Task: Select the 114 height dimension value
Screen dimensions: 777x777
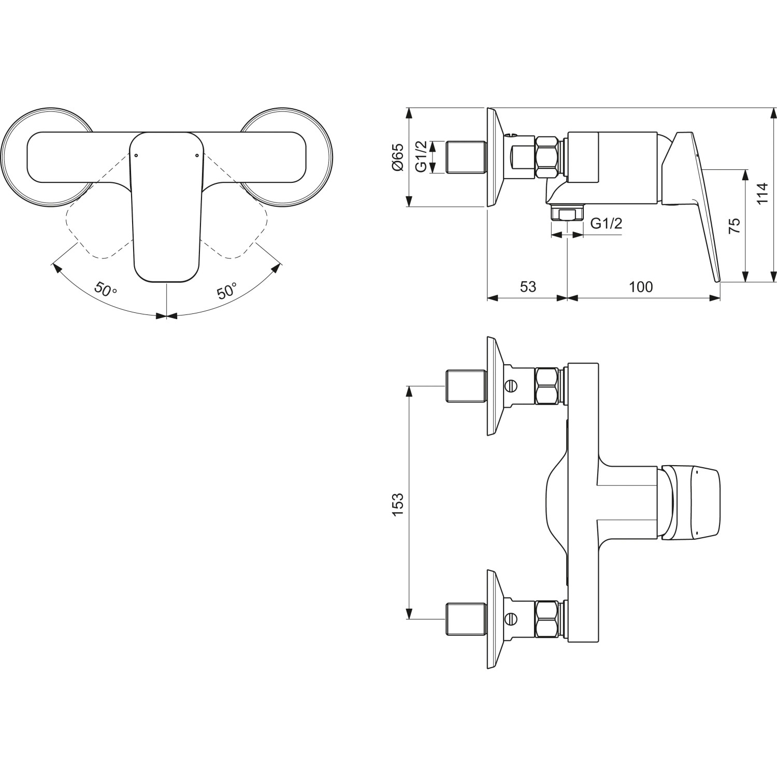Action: coord(761,194)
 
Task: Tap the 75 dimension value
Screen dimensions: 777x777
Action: coord(733,225)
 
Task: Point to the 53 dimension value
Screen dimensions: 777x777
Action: coord(527,286)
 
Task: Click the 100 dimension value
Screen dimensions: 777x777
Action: coord(641,286)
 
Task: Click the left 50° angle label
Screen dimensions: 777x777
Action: coord(106,289)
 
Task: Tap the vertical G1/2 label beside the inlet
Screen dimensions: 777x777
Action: coord(422,157)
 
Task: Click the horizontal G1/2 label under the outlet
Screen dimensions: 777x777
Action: coord(606,223)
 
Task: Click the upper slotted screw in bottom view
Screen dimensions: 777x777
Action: coord(512,385)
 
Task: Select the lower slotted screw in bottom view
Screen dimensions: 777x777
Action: coord(512,618)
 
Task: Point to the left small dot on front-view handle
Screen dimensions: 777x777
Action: coord(136,155)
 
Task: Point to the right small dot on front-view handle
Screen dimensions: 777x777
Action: coord(197,155)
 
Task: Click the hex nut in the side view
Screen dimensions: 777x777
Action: coord(549,157)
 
